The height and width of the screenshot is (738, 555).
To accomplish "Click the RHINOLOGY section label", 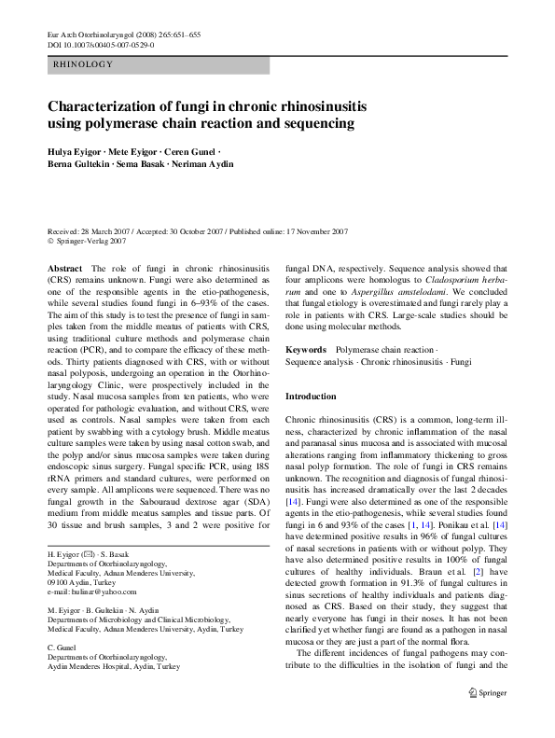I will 83,64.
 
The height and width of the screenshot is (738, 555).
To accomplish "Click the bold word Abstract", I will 64,268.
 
